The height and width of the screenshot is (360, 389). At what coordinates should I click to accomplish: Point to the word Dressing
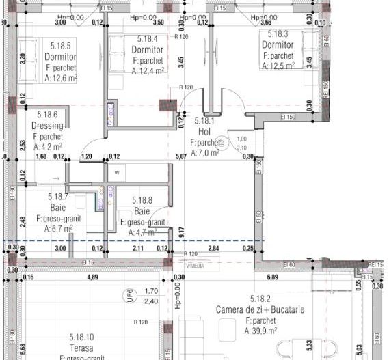point(47,126)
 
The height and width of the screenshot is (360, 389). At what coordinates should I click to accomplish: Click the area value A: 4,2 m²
point(47,146)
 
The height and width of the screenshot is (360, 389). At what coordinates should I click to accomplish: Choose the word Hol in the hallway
point(204,132)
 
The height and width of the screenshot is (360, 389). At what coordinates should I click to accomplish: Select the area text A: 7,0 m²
point(204,153)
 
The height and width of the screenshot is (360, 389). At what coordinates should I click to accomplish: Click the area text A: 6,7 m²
point(59,229)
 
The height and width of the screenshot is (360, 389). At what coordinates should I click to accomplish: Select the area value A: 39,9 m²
point(260,331)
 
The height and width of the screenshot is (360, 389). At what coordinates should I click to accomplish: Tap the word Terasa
point(81,348)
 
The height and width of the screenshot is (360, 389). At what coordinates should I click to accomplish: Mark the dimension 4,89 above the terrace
point(91,277)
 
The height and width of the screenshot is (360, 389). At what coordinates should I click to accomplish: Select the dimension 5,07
point(180,156)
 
